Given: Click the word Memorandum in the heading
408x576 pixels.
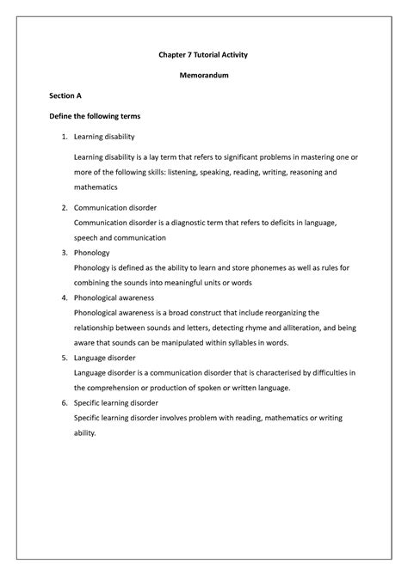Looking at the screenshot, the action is coord(203,75).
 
